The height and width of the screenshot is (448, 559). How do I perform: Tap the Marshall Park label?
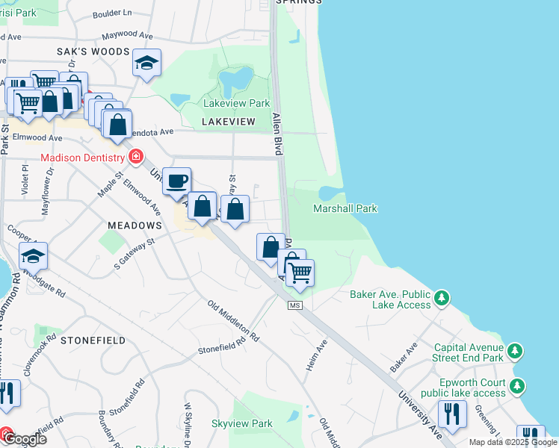click(x=345, y=209)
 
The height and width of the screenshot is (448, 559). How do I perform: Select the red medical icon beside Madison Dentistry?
click(x=136, y=157)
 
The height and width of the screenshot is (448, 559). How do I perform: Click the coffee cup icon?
click(x=177, y=181)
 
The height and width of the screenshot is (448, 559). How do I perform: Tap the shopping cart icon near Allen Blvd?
click(x=300, y=273)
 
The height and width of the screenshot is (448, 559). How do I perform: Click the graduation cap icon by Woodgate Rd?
click(x=33, y=256)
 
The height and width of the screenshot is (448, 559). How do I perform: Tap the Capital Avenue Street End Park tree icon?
click(x=514, y=351)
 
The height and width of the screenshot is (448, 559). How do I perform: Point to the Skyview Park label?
click(x=241, y=423)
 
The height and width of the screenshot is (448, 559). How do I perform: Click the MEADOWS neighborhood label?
click(x=135, y=225)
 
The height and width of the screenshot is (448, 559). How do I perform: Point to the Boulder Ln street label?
click(x=112, y=13)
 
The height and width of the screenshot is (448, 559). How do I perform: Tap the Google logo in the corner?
click(x=24, y=439)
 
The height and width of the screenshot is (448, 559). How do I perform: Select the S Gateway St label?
click(x=134, y=252)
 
